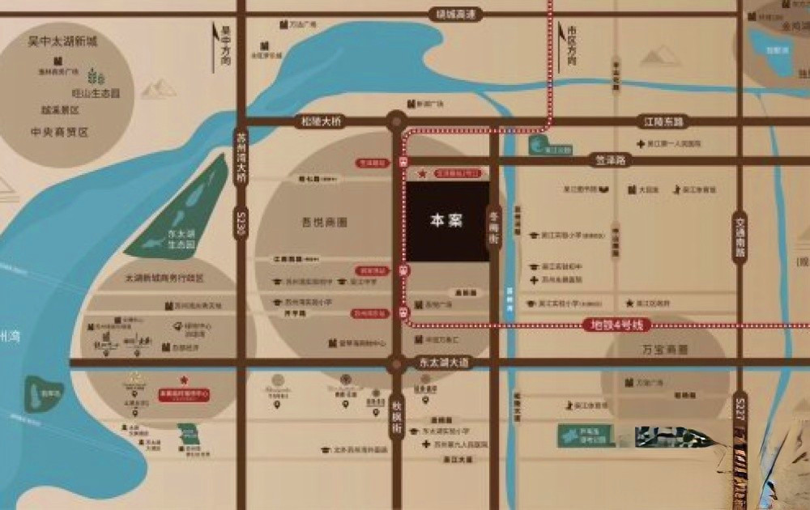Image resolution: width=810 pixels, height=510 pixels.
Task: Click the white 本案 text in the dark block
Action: (x=446, y=220)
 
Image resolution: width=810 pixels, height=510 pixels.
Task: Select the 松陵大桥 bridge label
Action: (x=322, y=121)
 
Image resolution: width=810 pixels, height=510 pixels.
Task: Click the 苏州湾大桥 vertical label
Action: (x=241, y=157)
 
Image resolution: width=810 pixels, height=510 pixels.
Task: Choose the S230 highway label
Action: (x=241, y=222)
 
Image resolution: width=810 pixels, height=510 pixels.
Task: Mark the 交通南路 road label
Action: (x=739, y=236)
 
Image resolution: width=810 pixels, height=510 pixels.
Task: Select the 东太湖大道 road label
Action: (x=441, y=363)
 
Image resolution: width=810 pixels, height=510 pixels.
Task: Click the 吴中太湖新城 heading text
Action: (x=62, y=41)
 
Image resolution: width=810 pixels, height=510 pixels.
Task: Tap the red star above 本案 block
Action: (x=422, y=173)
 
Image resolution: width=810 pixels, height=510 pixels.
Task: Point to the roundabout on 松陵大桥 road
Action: (x=394, y=121)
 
